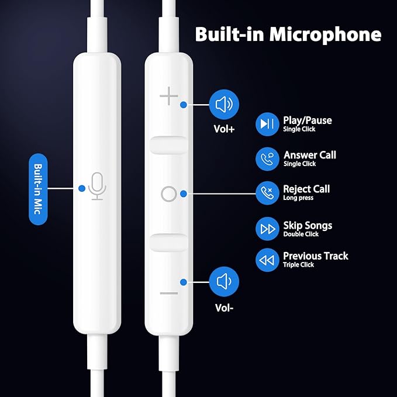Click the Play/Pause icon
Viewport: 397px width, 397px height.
pos(267,124)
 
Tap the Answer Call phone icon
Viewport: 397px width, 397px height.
pos(267,158)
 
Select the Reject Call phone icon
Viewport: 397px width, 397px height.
pos(267,192)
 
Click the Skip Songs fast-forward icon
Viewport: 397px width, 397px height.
pos(267,229)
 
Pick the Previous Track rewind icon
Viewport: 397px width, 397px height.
pos(267,260)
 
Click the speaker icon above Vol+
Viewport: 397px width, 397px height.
pos(224,105)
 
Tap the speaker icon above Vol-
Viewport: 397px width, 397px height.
pos(224,282)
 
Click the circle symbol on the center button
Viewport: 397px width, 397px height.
pos(168,194)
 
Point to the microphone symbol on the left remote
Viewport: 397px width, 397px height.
pos(98,187)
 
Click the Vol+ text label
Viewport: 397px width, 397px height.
pos(223,129)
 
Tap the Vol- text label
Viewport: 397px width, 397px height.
pos(224,305)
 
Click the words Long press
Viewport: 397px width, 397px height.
pos(298,198)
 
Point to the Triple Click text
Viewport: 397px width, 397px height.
pos(298,265)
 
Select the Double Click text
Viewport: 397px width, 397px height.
pos(301,234)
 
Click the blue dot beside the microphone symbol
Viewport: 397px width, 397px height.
pos(81,188)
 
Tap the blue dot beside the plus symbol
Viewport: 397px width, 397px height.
pos(184,105)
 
